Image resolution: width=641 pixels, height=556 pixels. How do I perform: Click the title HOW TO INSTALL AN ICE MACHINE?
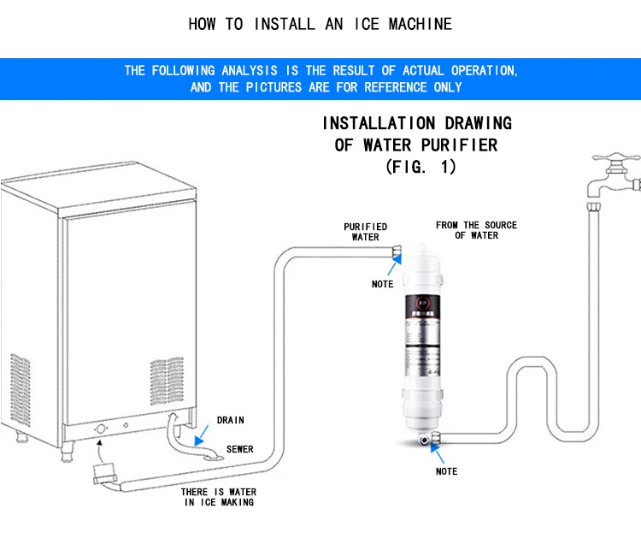point(320,24)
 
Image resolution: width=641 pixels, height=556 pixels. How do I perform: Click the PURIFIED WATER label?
point(366,232)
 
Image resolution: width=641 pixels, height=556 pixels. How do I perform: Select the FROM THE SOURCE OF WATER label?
point(476,230)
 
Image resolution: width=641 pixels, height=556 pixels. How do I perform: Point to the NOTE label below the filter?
point(446,471)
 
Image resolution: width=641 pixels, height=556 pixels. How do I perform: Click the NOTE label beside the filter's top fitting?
point(382,284)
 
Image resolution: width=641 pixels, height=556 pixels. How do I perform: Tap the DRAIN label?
point(230,420)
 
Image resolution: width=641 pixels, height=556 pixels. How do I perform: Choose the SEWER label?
point(239,449)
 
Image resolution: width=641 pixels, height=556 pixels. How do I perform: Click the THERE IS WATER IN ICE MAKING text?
point(218,497)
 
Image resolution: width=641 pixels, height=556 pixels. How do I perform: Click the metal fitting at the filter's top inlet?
point(397,250)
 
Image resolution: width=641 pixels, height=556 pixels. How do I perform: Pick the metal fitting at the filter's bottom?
point(425,439)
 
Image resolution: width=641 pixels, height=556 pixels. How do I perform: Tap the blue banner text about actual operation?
point(320,79)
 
